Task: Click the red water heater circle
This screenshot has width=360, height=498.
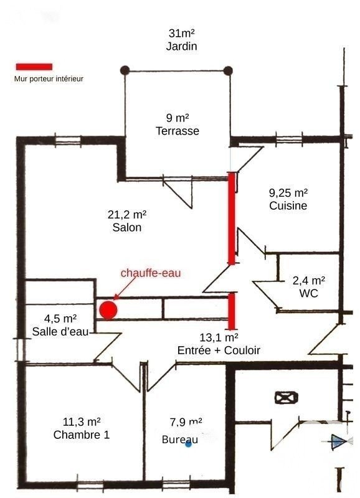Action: pos(108,310)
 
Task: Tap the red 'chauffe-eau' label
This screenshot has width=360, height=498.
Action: pos(151,273)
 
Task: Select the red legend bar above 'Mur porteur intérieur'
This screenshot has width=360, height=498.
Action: pos(34,67)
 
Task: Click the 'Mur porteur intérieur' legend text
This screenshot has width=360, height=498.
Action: pos(49,79)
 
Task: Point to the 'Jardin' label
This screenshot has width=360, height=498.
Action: pos(181,46)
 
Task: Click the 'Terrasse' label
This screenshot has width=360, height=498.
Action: pos(178,131)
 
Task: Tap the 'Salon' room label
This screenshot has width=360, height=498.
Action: pos(127,227)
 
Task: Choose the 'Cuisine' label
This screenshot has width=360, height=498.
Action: pos(288,205)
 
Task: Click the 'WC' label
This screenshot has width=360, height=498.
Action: pos(308,293)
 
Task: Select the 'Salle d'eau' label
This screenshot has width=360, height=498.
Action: pos(60,332)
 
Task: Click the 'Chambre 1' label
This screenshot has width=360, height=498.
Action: pos(82,435)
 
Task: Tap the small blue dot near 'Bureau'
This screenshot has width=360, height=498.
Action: pos(189,444)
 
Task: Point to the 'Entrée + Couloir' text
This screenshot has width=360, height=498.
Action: pos(219,350)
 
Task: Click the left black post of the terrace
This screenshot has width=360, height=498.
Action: pos(125,70)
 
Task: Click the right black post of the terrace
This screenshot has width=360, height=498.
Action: pos(228,70)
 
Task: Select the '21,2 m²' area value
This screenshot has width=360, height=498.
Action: pos(127,215)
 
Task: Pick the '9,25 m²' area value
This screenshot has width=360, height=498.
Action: pos(288,192)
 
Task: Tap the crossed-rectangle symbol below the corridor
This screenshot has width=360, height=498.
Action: pos(287,398)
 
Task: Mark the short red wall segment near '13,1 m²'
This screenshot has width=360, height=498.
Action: pos(232,311)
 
